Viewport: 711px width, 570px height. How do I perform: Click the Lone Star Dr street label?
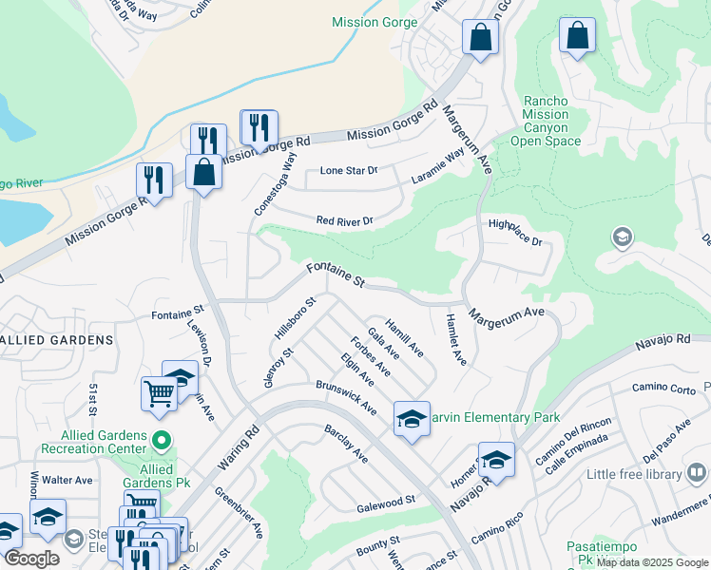click(348, 171)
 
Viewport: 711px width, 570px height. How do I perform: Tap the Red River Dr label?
click(344, 221)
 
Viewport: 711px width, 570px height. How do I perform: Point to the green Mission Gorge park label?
click(370, 22)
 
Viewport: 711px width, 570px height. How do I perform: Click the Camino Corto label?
click(663, 389)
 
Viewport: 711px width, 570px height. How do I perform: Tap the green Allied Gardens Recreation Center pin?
click(161, 440)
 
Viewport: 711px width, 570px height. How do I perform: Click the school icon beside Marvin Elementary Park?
click(412, 418)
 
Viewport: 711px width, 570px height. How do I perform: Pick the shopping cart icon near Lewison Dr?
click(159, 392)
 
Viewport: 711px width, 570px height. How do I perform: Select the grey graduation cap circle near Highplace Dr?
click(623, 237)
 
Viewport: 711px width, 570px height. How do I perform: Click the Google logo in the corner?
click(32, 558)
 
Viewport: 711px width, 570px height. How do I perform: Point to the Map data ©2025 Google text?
click(652, 562)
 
